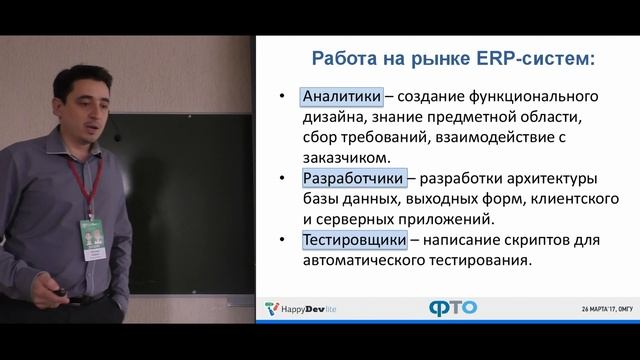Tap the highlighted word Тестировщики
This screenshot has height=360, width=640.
click(x=354, y=240)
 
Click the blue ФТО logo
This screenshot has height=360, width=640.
click(x=452, y=307)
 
